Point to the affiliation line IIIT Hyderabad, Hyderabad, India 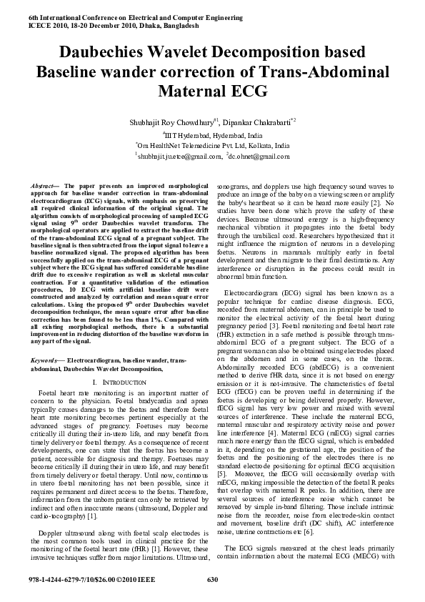213,134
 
